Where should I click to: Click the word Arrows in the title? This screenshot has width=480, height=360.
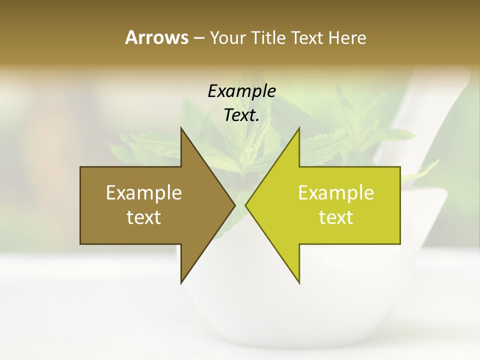pyautogui.click(x=156, y=37)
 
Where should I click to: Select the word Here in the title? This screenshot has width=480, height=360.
pyautogui.click(x=347, y=38)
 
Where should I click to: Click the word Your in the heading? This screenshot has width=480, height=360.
pyautogui.click(x=226, y=38)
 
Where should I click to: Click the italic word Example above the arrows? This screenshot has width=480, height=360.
pyautogui.click(x=241, y=91)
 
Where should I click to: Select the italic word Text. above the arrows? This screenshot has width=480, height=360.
pyautogui.click(x=241, y=115)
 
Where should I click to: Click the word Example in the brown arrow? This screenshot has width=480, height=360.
pyautogui.click(x=144, y=193)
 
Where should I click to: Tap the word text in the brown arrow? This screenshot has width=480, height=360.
pyautogui.click(x=144, y=217)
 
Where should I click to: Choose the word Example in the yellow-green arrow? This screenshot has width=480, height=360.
pyautogui.click(x=336, y=193)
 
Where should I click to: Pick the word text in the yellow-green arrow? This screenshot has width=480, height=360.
pyautogui.click(x=336, y=217)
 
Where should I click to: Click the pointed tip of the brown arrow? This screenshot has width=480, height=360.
pyautogui.click(x=234, y=205)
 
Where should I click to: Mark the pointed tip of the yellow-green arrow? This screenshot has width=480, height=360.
pyautogui.click(x=246, y=205)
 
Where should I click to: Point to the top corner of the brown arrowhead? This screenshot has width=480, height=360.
pyautogui.click(x=181, y=128)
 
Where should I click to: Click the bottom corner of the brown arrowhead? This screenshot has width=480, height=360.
pyautogui.click(x=181, y=282)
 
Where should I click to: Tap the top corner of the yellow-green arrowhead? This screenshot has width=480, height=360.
pyautogui.click(x=299, y=128)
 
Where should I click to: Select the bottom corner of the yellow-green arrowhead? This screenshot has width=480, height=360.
pyautogui.click(x=299, y=282)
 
